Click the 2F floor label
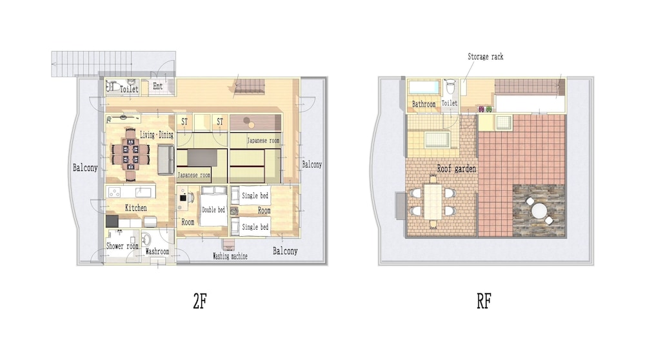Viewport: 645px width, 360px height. [200, 301]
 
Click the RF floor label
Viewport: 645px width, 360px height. [484, 301]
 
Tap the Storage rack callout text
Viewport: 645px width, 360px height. [486, 57]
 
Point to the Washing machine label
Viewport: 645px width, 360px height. [230, 256]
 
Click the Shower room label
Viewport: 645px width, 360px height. [122, 246]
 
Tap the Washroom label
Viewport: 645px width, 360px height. [157, 251]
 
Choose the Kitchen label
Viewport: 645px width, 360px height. [135, 208]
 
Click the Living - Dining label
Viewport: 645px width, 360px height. [157, 135]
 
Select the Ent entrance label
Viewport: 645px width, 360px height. [158, 86]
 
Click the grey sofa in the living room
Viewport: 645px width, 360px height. [166, 160]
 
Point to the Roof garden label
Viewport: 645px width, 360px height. [456, 168]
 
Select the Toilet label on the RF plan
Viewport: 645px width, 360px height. [450, 103]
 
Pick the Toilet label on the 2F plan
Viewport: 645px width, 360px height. [129, 89]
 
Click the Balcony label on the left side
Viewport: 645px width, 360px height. [85, 168]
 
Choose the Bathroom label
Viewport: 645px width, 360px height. [424, 105]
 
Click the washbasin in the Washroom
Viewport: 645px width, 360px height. [146, 239]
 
